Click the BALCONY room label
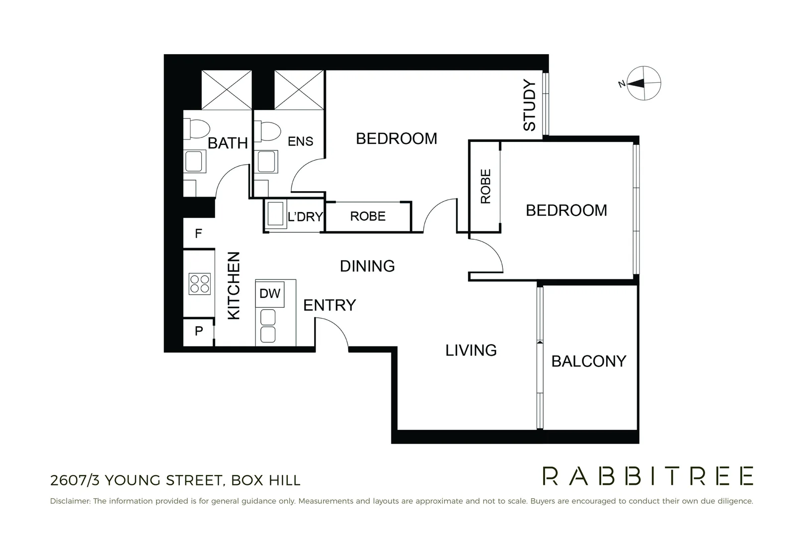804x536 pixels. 589,361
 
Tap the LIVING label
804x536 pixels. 471,350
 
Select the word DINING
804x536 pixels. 367,267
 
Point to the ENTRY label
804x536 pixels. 329,305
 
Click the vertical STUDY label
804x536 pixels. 530,105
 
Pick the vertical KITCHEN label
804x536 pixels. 234,285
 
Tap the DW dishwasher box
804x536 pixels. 270,293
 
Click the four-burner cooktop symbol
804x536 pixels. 200,284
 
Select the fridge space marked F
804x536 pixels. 198,233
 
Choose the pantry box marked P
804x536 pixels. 199,331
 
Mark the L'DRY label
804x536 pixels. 305,217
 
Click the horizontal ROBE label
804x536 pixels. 368,216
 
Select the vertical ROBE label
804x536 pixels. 485,187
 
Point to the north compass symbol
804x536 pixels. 643,83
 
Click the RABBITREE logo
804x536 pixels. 647,476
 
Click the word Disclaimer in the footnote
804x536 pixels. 70,501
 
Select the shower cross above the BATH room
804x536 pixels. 227,90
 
